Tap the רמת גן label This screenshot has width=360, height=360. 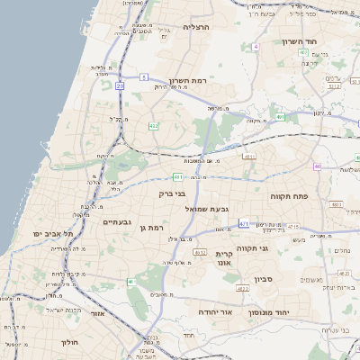pyautogui.click(x=149, y=228)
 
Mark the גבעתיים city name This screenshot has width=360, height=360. pyautogui.click(x=118, y=222)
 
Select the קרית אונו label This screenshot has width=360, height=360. pyautogui.click(x=224, y=259)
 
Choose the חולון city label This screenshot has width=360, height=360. pyautogui.click(x=71, y=342)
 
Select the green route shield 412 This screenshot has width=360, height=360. pyautogui.click(x=153, y=126)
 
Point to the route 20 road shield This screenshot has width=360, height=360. pyautogui.click(x=120, y=85)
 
